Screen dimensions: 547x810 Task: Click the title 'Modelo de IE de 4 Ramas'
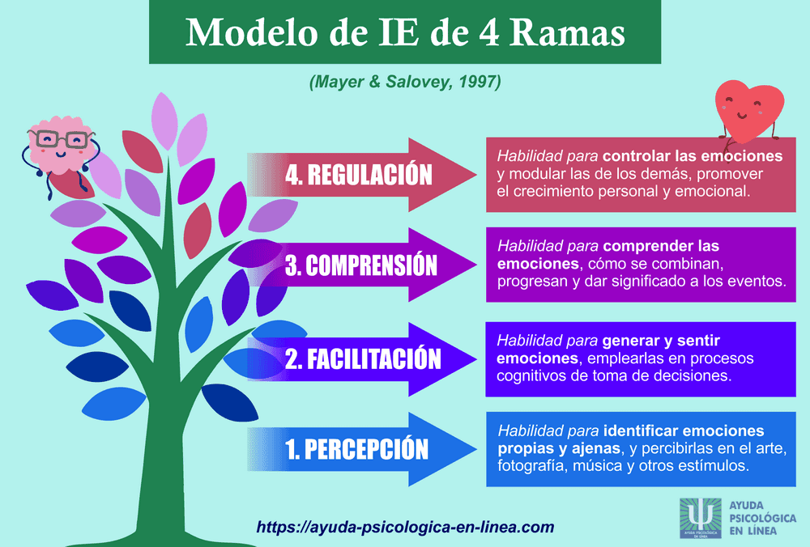pyautogui.click(x=405, y=32)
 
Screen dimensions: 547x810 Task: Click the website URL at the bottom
pyautogui.click(x=405, y=527)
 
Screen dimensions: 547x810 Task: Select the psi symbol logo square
pyautogui.click(x=700, y=519)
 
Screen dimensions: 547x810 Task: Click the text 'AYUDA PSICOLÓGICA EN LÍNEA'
pyautogui.click(x=762, y=519)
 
